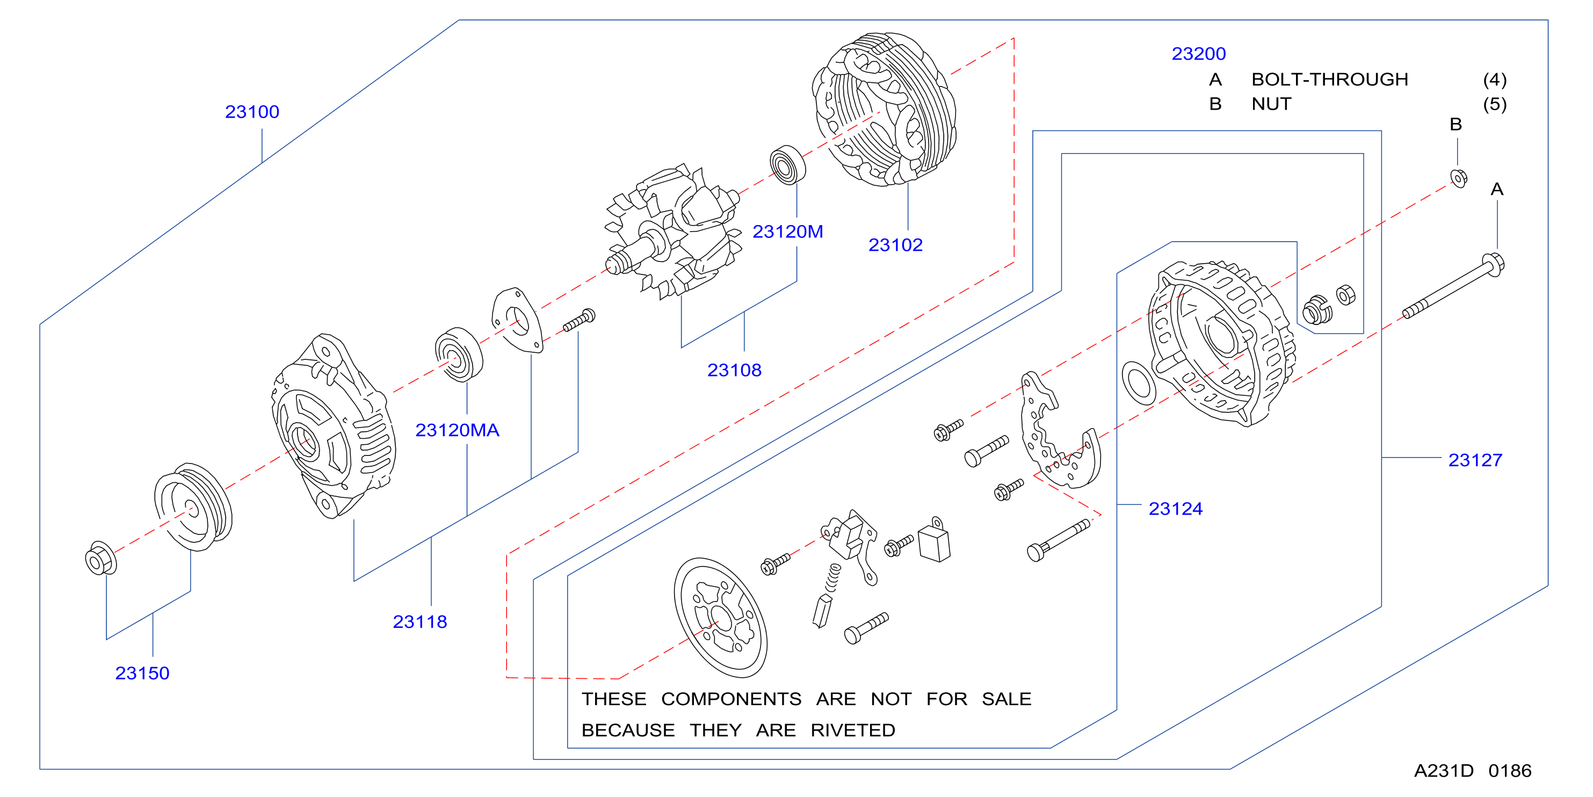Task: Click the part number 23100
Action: point(252,112)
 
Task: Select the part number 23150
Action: point(142,673)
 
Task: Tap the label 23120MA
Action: point(457,430)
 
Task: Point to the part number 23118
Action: point(420,621)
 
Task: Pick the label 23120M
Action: point(787,231)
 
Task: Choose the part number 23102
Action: point(895,245)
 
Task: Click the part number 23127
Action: point(1475,460)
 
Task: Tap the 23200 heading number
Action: point(1198,54)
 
